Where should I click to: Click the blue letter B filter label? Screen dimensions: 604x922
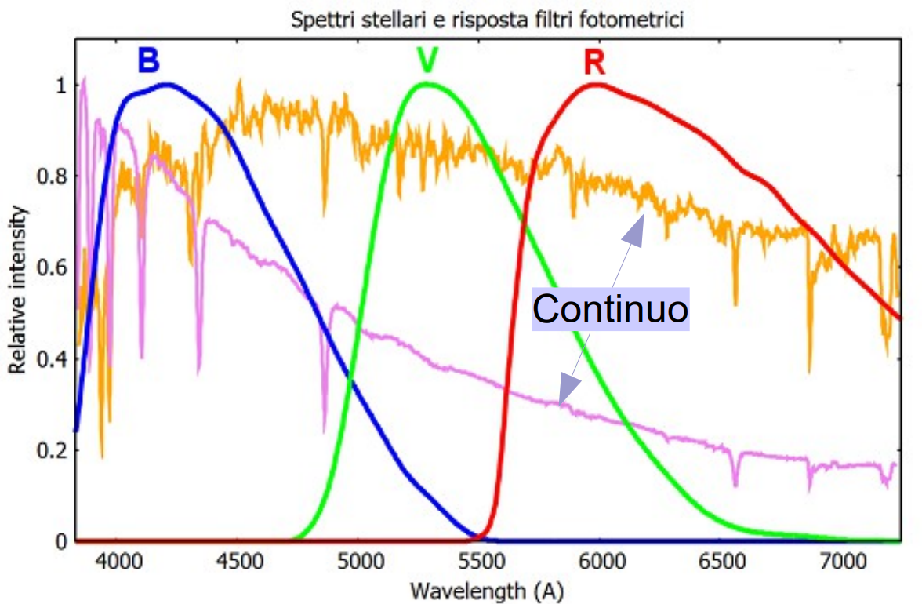tap(149, 60)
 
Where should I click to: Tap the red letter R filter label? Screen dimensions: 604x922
tap(594, 62)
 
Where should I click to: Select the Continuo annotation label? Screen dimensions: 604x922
tap(610, 309)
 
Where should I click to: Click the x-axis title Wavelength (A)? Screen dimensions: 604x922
tap(486, 590)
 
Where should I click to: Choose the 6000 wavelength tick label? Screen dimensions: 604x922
tap(600, 562)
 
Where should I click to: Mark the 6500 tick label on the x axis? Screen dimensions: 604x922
tap(720, 562)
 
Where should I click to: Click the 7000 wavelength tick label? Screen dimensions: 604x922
tap(840, 562)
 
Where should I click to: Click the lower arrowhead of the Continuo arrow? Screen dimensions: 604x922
tap(567, 390)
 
